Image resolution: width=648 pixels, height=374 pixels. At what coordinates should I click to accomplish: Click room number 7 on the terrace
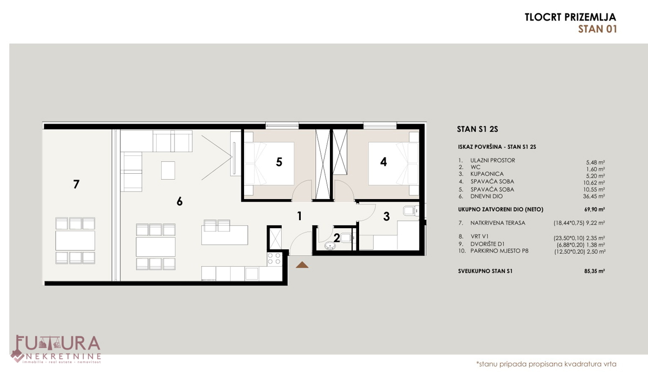(76, 184)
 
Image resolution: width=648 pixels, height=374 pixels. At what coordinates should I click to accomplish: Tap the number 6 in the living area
(179, 201)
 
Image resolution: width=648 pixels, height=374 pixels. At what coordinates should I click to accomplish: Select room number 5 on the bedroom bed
(279, 162)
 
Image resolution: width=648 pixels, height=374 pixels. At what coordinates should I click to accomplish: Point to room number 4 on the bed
(383, 161)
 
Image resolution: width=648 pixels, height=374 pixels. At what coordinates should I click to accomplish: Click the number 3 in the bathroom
(386, 216)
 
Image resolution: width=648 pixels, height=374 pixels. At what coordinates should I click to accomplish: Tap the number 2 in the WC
(336, 237)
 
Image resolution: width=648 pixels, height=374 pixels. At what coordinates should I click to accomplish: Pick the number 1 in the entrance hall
(299, 216)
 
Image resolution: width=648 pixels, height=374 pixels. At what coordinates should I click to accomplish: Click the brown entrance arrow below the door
(301, 264)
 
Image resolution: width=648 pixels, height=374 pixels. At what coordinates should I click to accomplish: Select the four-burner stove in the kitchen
(274, 259)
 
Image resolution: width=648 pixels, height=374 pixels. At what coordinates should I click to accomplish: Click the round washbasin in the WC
(330, 246)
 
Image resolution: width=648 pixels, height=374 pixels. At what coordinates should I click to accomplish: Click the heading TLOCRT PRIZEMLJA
(570, 17)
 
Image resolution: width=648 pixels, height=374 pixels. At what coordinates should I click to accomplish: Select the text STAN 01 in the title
(597, 29)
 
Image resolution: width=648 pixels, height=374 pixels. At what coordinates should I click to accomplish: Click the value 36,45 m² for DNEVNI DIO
(594, 196)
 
